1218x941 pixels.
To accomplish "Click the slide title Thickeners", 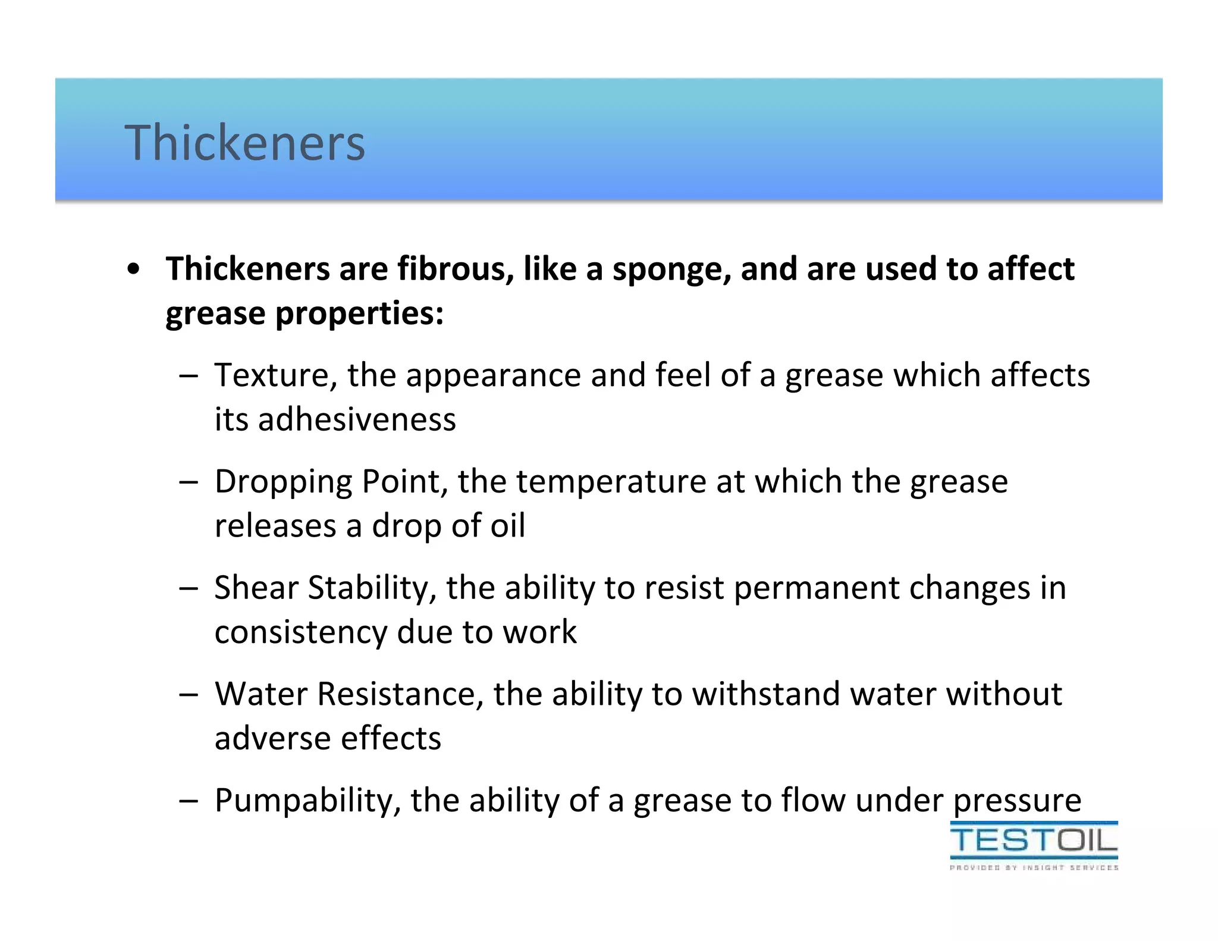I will tap(244, 143).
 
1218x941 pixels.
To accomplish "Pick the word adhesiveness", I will tap(357, 420).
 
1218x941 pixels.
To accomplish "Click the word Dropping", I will tap(283, 483).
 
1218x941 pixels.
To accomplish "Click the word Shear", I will tap(256, 588).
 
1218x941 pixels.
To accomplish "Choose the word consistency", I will tap(300, 632).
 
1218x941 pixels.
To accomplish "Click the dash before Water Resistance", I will tap(188, 695).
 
